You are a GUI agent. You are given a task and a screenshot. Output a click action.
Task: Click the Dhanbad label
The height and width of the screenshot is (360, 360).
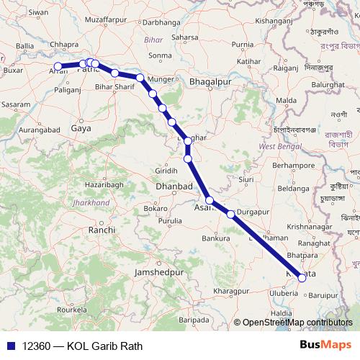point(174,186)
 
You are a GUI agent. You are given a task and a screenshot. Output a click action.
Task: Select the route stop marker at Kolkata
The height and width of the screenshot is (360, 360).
point(302,278)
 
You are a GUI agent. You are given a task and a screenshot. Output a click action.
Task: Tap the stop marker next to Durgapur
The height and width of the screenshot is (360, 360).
point(230,214)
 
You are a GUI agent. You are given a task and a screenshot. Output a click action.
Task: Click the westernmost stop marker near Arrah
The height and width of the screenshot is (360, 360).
point(58,67)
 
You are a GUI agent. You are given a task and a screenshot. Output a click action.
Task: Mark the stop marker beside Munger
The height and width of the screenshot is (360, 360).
point(140,77)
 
